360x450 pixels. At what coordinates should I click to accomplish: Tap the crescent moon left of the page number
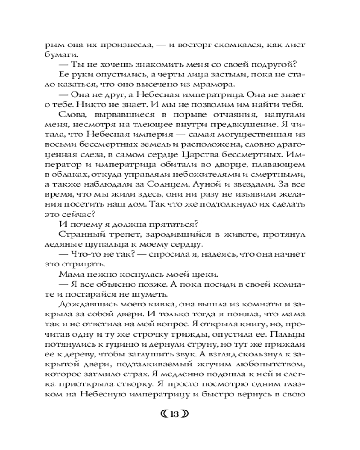164,415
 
